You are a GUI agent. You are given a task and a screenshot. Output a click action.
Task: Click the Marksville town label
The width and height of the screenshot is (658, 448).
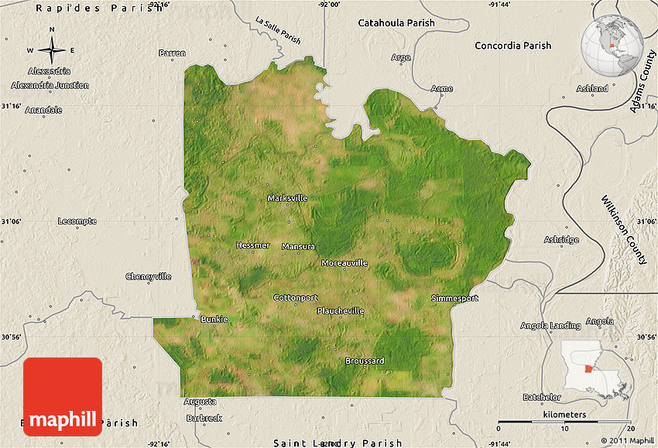(x=287, y=198)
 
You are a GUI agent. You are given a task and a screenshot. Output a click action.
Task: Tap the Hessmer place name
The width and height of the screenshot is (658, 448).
(x=253, y=245)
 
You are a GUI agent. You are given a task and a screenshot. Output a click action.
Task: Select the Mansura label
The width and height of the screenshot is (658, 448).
(x=298, y=247)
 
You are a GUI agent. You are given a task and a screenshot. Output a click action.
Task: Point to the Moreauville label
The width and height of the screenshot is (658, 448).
(x=344, y=263)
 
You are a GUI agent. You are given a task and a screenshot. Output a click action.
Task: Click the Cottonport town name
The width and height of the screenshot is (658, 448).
(x=296, y=297)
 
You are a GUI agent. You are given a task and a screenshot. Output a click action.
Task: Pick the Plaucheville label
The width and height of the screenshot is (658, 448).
(x=341, y=311)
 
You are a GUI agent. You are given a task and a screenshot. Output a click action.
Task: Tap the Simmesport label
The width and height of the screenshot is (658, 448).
(x=455, y=298)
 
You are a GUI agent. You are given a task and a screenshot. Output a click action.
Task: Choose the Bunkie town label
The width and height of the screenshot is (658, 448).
(x=214, y=319)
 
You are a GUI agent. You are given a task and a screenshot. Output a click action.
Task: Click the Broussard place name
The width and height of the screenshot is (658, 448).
(x=365, y=361)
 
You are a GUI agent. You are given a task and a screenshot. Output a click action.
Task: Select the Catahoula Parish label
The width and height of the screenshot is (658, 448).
(x=396, y=23)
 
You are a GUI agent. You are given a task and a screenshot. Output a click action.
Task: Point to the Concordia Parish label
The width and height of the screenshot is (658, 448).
(x=512, y=46)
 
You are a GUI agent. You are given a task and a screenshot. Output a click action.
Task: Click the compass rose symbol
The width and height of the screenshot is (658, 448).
(x=52, y=50)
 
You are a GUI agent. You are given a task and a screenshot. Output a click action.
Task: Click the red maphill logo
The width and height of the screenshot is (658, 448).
(x=63, y=396)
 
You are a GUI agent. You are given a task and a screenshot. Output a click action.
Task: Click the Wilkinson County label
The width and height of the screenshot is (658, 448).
(x=624, y=230)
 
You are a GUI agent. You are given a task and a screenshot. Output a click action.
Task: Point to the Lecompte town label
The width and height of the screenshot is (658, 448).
(x=77, y=221)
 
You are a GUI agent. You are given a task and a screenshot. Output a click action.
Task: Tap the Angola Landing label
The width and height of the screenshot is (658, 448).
(x=550, y=325)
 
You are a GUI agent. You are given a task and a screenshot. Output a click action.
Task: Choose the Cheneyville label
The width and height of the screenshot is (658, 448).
(x=149, y=276)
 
